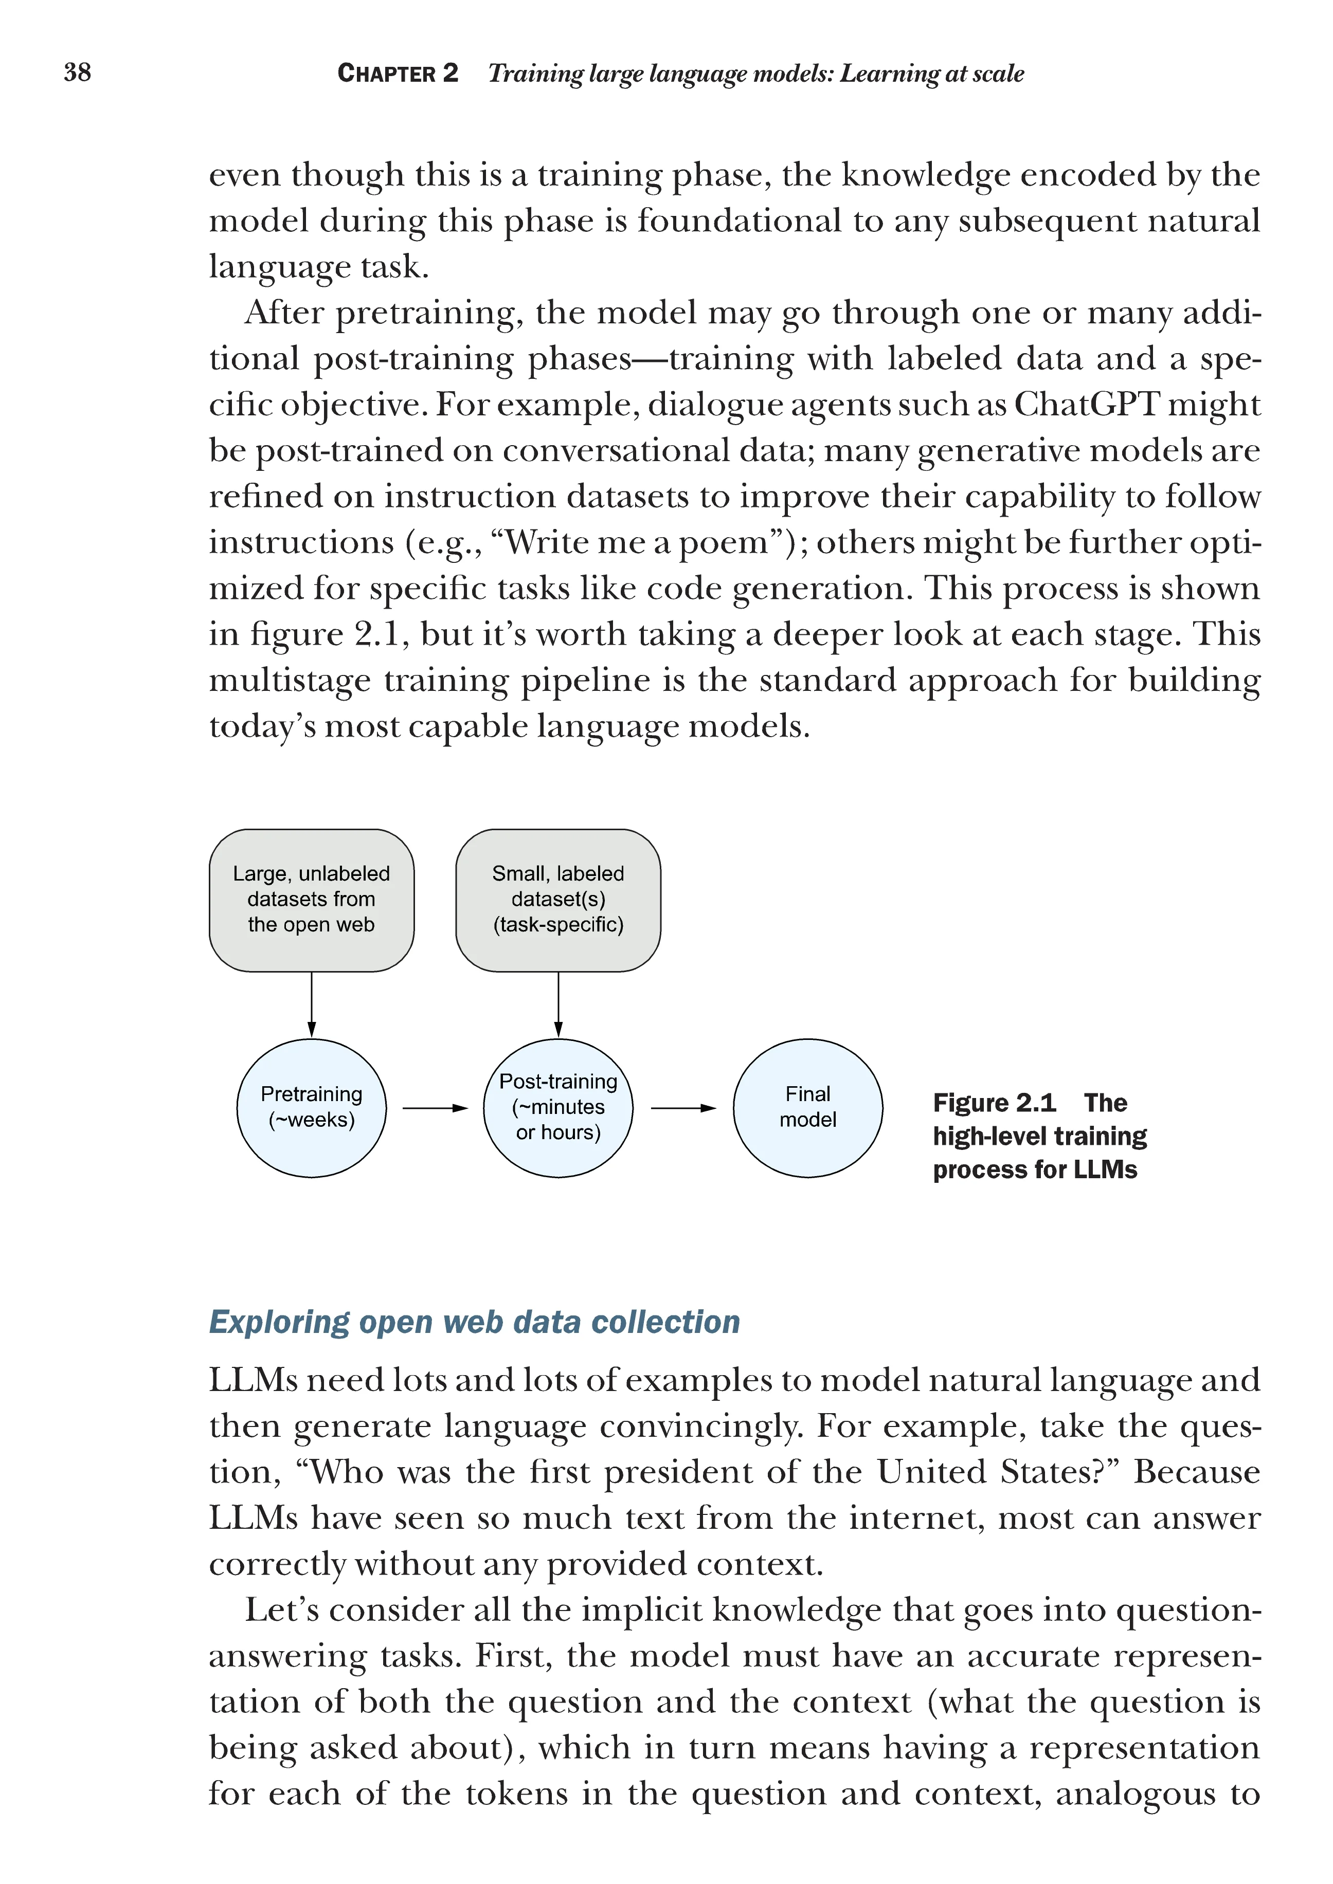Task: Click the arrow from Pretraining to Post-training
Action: (435, 1108)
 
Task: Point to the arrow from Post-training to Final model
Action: (683, 1108)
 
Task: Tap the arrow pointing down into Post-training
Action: (558, 1004)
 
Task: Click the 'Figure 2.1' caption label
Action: (994, 1102)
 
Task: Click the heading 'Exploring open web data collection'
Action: (475, 1322)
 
